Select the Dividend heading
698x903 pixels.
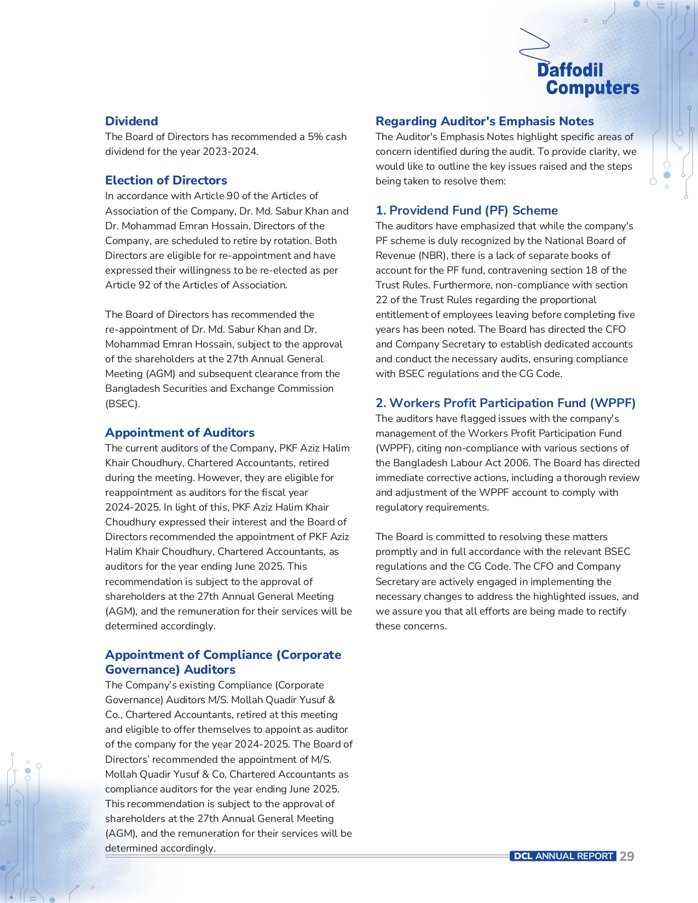[131, 121]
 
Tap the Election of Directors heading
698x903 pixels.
[166, 180]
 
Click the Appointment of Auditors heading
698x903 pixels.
[180, 432]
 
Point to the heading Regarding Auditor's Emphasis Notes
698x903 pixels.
[484, 121]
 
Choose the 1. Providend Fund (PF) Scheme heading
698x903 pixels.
[466, 210]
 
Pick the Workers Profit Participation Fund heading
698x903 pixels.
[505, 403]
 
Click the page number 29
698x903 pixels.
[627, 856]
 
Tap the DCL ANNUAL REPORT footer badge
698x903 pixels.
[563, 856]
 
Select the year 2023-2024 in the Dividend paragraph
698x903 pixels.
[229, 152]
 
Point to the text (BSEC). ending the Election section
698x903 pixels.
[123, 404]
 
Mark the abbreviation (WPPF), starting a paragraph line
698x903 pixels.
[394, 448]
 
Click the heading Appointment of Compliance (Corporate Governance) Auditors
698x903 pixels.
[223, 662]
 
